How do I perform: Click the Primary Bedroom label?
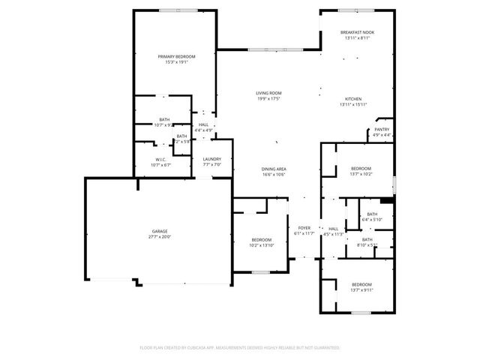tap(176, 57)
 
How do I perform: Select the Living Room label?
tap(268, 93)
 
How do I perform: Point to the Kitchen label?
tap(353, 99)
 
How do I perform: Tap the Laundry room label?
tap(211, 159)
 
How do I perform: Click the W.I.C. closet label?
tap(160, 159)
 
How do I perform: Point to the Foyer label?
tap(304, 227)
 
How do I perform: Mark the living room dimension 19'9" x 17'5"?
tap(268, 98)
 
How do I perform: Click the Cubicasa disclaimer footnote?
tap(240, 348)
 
